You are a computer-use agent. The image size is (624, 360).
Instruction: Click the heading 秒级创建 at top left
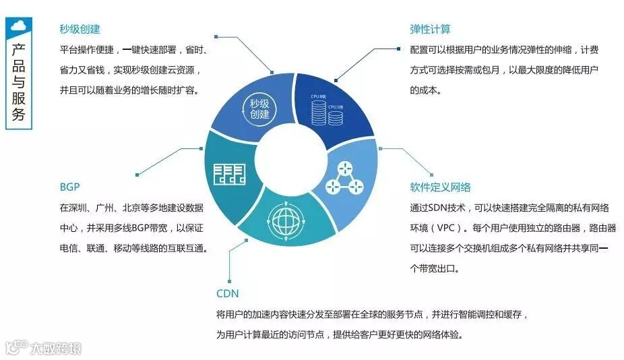(80, 29)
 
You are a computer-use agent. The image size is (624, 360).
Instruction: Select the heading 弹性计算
(430, 29)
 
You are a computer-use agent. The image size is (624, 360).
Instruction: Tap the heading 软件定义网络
(440, 187)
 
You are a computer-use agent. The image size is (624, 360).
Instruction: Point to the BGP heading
(69, 187)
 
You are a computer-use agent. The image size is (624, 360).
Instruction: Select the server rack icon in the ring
(228, 175)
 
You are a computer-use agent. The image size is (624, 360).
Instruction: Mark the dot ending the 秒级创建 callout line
(272, 71)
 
